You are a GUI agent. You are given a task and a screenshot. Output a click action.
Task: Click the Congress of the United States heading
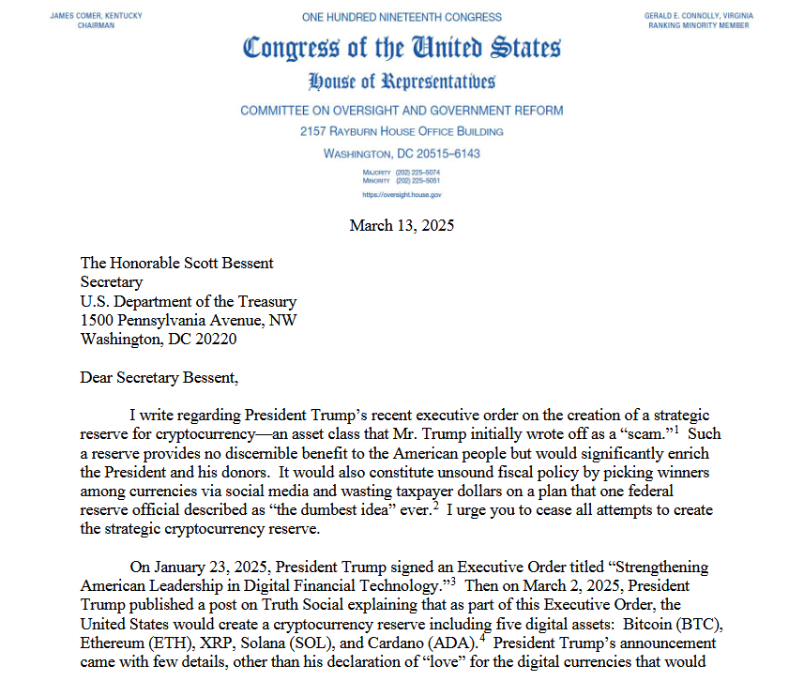tap(402, 49)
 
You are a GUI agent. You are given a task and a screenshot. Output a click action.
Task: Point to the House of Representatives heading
tap(402, 82)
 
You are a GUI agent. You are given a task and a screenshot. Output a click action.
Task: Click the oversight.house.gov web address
tap(402, 194)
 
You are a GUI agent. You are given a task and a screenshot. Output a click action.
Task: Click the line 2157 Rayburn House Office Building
tap(402, 131)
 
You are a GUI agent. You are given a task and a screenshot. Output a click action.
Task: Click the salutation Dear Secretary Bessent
tap(159, 378)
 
